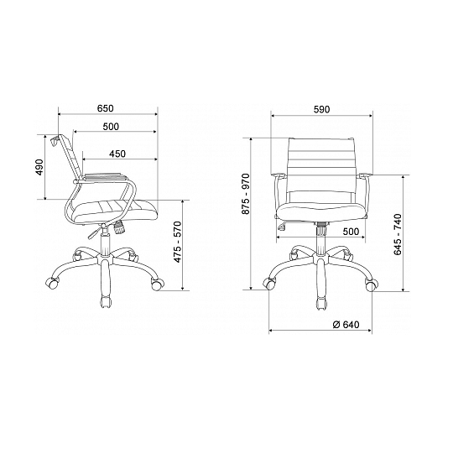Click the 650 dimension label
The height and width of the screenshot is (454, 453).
click(x=106, y=108)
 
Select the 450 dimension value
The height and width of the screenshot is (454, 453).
click(x=117, y=154)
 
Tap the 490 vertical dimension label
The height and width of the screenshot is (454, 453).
click(x=39, y=167)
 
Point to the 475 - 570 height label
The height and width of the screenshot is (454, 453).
click(x=178, y=242)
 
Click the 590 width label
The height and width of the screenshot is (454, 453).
click(x=321, y=109)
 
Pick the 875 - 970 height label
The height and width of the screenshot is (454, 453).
click(x=246, y=194)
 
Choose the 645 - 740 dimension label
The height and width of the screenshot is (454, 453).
click(x=398, y=234)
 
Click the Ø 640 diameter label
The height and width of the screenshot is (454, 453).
click(x=346, y=325)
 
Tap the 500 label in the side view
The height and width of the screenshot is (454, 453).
click(x=111, y=127)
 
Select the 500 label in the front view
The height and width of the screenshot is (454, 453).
click(x=351, y=232)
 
